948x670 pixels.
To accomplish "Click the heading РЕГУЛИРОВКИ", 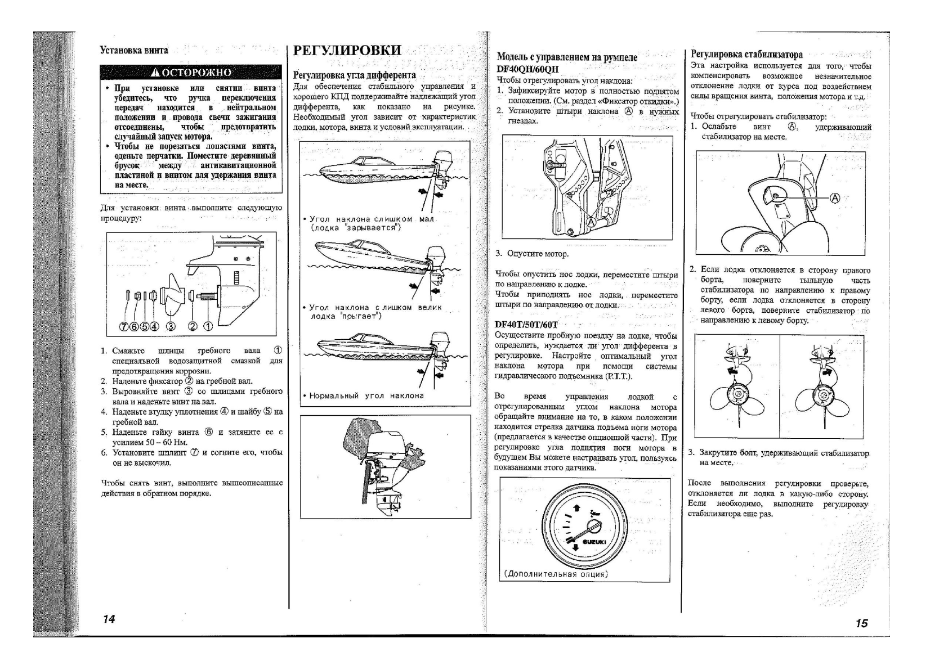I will [x=347, y=50].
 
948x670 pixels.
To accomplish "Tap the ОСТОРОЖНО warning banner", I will [x=191, y=72].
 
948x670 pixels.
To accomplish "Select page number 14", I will [x=109, y=619].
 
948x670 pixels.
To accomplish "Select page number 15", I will [x=861, y=623].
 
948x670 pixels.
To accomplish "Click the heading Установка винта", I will [x=134, y=50].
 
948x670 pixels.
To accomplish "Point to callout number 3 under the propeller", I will [x=171, y=327].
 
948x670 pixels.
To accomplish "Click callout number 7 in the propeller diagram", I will [x=124, y=327].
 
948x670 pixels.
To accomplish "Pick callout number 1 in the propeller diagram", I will [x=208, y=327].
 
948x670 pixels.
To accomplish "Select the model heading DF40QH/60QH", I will [x=527, y=69].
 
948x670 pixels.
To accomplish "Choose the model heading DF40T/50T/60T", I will [x=526, y=325].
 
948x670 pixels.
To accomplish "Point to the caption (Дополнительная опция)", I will [x=556, y=574].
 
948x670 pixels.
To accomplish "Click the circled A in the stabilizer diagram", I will [x=835, y=197].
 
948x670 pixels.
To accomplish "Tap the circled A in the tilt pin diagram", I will [x=591, y=223].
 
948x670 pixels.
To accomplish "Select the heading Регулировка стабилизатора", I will [x=746, y=55].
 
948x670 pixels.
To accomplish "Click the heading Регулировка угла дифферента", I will [x=355, y=75].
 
